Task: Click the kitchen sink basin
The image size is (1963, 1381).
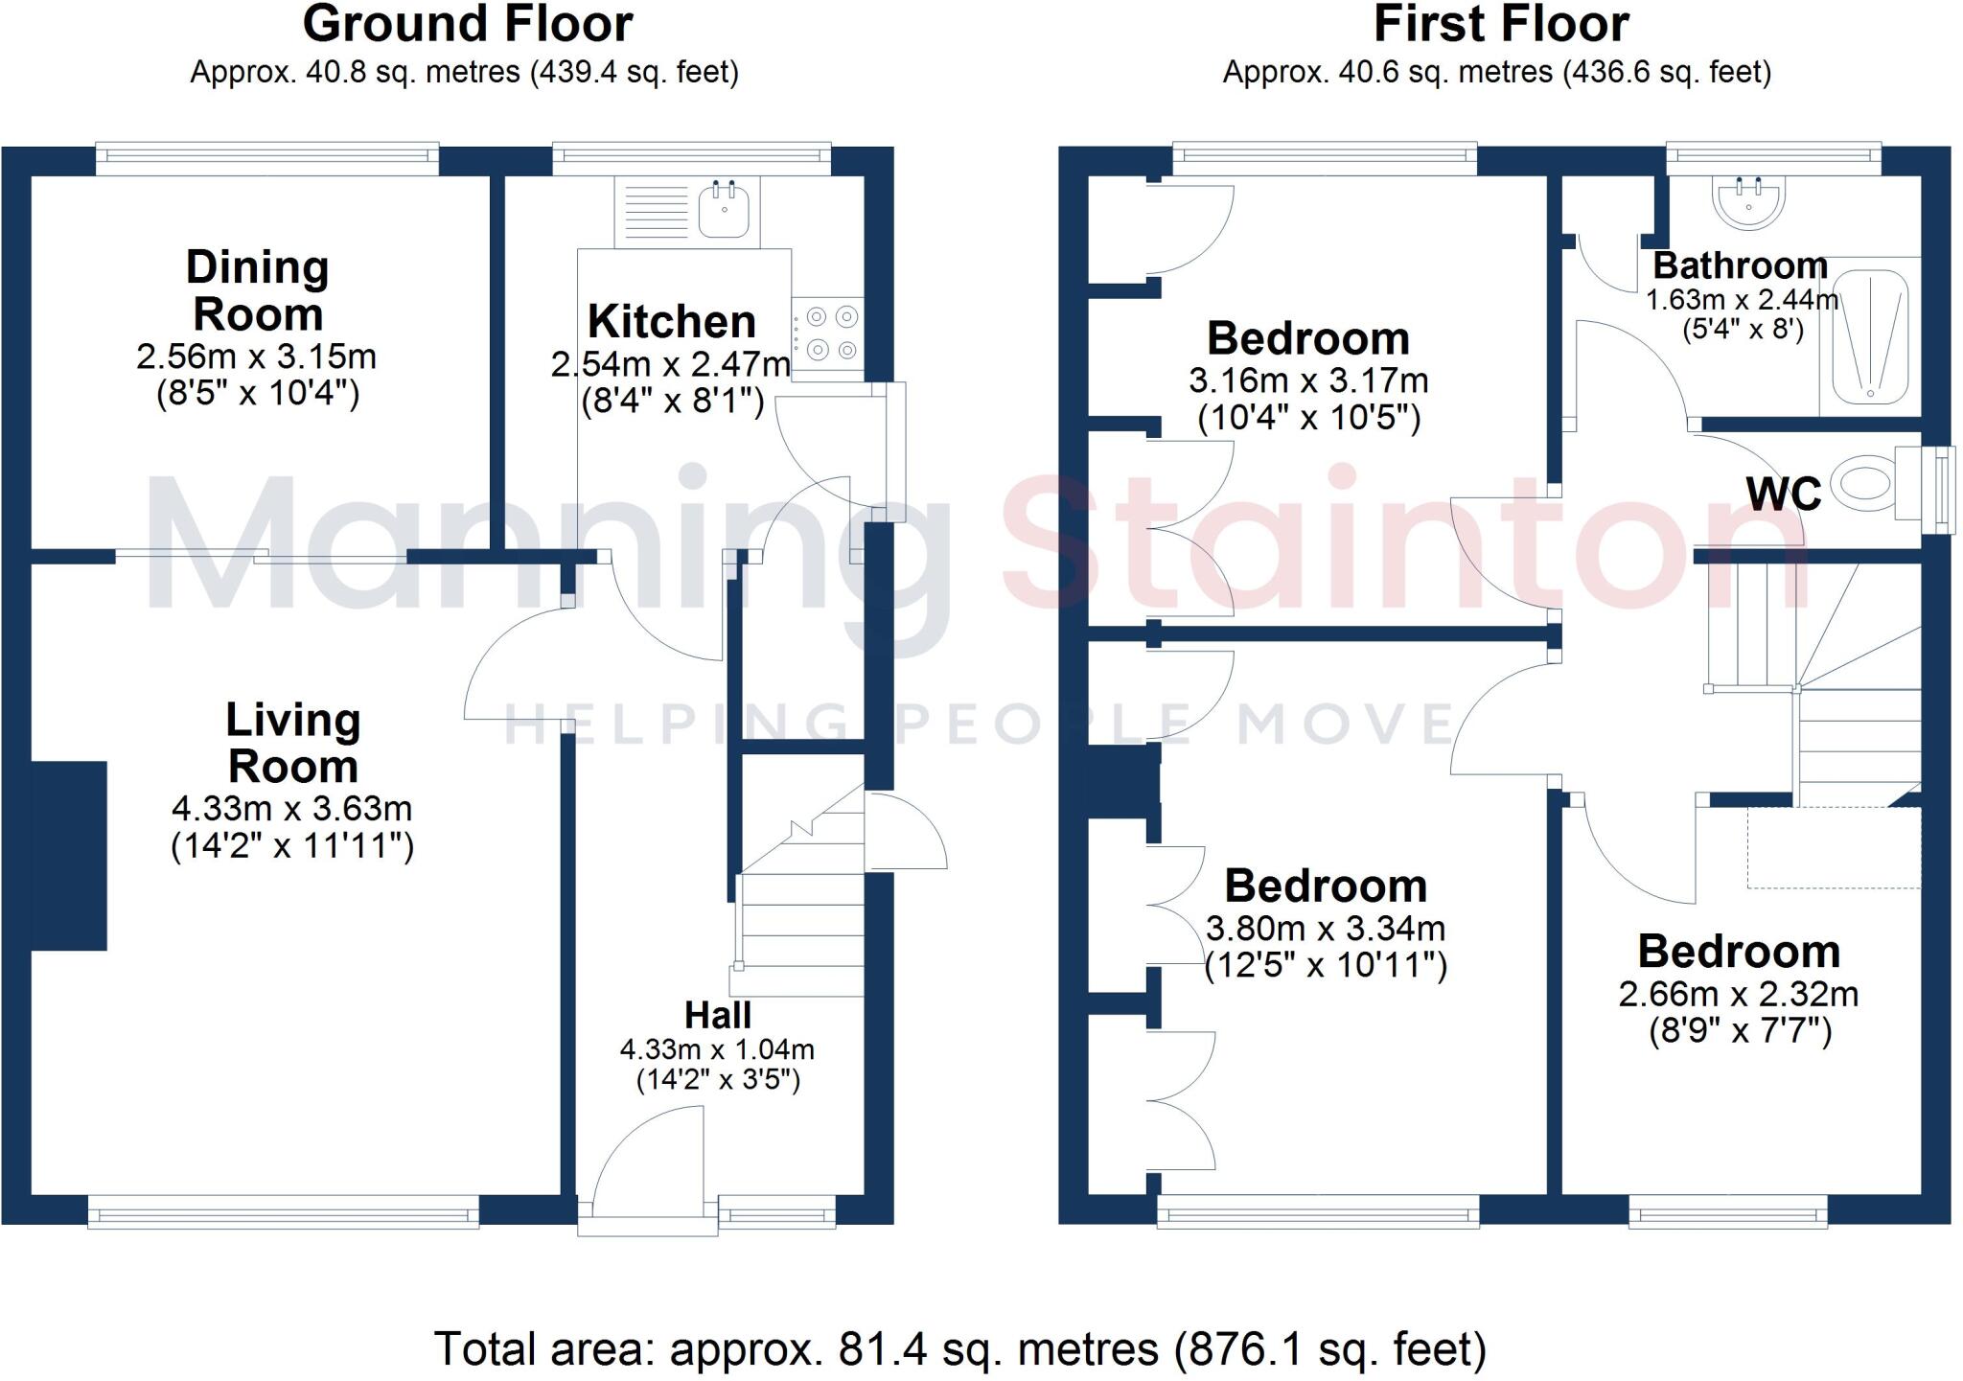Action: pos(724,210)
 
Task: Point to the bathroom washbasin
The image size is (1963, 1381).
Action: pos(1747,204)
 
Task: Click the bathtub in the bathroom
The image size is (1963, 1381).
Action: pos(1869,336)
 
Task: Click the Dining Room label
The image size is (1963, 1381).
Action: pos(257,290)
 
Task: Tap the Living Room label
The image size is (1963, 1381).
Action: pos(292,743)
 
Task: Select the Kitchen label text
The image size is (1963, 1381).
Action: pos(671,322)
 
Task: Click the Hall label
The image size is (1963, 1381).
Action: pos(717,1015)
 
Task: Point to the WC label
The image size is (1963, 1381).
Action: pos(1783,495)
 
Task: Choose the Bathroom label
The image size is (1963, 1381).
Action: pos(1740,265)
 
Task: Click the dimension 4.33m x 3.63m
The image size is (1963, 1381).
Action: pos(291,809)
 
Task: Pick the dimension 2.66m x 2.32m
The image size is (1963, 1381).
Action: pos(1738,995)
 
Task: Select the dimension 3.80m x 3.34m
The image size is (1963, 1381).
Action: pos(1325,929)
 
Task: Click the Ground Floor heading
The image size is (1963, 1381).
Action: pos(468,24)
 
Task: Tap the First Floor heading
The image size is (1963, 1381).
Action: pos(1501,24)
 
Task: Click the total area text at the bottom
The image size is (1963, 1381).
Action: pos(959,1349)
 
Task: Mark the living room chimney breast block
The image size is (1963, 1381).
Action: pos(69,855)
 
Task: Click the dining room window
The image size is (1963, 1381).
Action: pos(267,159)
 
